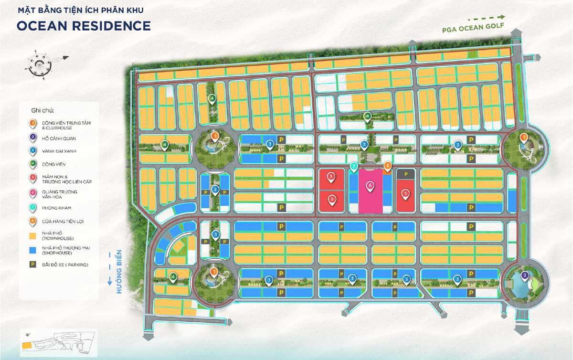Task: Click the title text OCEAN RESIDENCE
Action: [x=84, y=26]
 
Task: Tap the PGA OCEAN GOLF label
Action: [x=476, y=29]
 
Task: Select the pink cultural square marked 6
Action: [x=370, y=191]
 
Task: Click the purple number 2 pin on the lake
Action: [x=524, y=275]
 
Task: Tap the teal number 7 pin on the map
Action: [x=354, y=167]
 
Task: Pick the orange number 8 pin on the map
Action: [x=388, y=166]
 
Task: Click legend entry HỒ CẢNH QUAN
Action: [x=59, y=138]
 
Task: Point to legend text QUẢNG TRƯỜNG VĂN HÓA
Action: [x=60, y=194]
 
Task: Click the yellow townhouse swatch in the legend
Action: [x=32, y=236]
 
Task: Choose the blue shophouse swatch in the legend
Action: [x=32, y=250]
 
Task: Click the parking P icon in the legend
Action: [x=32, y=265]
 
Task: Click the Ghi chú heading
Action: [x=42, y=110]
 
